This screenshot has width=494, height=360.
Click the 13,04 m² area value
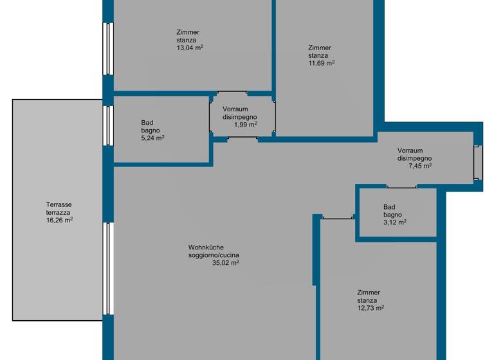tap(190, 48)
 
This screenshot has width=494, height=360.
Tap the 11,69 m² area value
tap(322, 63)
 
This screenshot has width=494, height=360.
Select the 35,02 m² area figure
tap(226, 263)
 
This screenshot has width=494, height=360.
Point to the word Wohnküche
tap(206, 248)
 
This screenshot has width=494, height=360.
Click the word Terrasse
tap(59, 204)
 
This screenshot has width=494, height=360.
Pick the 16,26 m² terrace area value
tap(60, 220)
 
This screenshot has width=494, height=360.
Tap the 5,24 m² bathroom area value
tap(153, 138)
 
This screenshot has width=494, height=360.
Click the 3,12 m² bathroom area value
tap(395, 222)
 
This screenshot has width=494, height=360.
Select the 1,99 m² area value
tap(246, 125)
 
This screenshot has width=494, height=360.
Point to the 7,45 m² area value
tap(420, 166)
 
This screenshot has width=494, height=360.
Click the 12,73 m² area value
tap(370, 308)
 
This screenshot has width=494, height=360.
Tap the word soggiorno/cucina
tap(214, 255)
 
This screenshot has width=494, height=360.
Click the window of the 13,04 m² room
tap(108, 49)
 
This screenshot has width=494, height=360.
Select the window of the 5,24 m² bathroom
tap(108, 125)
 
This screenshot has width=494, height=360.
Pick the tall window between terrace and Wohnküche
tap(108, 269)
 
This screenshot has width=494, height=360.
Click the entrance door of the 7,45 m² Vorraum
tap(478, 163)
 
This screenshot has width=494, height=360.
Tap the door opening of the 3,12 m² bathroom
tap(401, 187)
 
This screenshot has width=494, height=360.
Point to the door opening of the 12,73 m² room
tap(338, 218)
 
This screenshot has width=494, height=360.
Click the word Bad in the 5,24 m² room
tap(147, 123)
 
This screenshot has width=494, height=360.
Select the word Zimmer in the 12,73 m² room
tap(369, 292)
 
